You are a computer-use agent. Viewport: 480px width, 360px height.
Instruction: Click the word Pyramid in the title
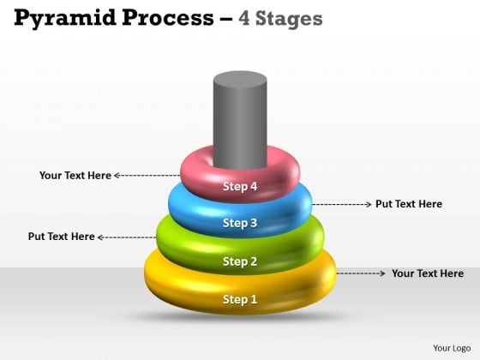tap(65, 19)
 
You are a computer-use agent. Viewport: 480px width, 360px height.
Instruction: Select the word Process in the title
tap(168, 18)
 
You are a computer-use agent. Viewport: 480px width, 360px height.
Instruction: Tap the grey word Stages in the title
tap(289, 19)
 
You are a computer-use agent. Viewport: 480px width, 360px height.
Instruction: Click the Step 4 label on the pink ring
tap(240, 186)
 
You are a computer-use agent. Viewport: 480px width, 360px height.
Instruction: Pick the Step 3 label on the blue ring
tap(240, 223)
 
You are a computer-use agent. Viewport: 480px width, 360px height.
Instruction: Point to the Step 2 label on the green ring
tap(240, 261)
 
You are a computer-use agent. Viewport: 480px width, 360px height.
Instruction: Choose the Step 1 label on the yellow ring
tap(240, 299)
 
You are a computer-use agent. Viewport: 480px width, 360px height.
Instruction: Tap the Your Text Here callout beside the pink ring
tap(75, 176)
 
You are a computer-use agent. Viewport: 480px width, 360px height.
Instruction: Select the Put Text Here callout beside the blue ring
tap(409, 204)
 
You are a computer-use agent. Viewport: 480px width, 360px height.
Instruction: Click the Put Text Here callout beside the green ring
tap(61, 237)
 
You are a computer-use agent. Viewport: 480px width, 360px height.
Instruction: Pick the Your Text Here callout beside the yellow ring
tap(428, 273)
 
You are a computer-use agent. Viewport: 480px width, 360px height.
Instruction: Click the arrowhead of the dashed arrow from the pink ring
tap(117, 176)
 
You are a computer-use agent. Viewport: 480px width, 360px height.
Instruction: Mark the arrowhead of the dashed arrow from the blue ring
tap(369, 204)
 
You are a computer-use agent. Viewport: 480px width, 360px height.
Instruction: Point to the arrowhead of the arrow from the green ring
tap(99, 237)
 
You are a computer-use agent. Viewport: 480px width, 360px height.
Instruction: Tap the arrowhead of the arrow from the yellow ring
tap(382, 273)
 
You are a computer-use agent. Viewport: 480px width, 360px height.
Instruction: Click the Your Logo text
tap(452, 348)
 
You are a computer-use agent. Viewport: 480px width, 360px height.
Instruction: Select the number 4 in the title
tap(244, 18)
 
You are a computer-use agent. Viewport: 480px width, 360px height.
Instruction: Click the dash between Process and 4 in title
tap(226, 19)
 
